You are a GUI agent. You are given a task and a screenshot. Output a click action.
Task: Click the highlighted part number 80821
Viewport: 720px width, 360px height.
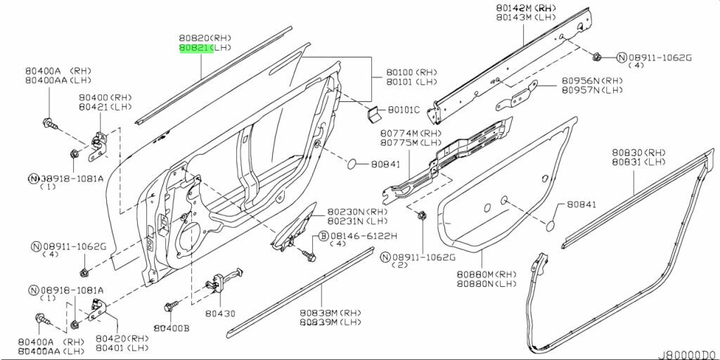tap(194, 47)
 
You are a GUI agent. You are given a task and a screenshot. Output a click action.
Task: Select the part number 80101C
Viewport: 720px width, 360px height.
tap(404, 110)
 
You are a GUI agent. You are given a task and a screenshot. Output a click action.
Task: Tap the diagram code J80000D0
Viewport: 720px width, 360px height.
tap(687, 355)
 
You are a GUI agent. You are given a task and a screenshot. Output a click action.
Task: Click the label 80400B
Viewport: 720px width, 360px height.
tap(172, 328)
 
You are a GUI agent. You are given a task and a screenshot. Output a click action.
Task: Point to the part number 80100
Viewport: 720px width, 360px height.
tap(401, 72)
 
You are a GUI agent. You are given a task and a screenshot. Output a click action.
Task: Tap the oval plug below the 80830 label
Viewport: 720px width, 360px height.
tap(552, 226)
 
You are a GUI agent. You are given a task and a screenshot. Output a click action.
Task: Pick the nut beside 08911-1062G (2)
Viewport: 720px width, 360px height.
tap(420, 215)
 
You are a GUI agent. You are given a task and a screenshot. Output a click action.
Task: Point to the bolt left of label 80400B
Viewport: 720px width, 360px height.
tap(168, 307)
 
